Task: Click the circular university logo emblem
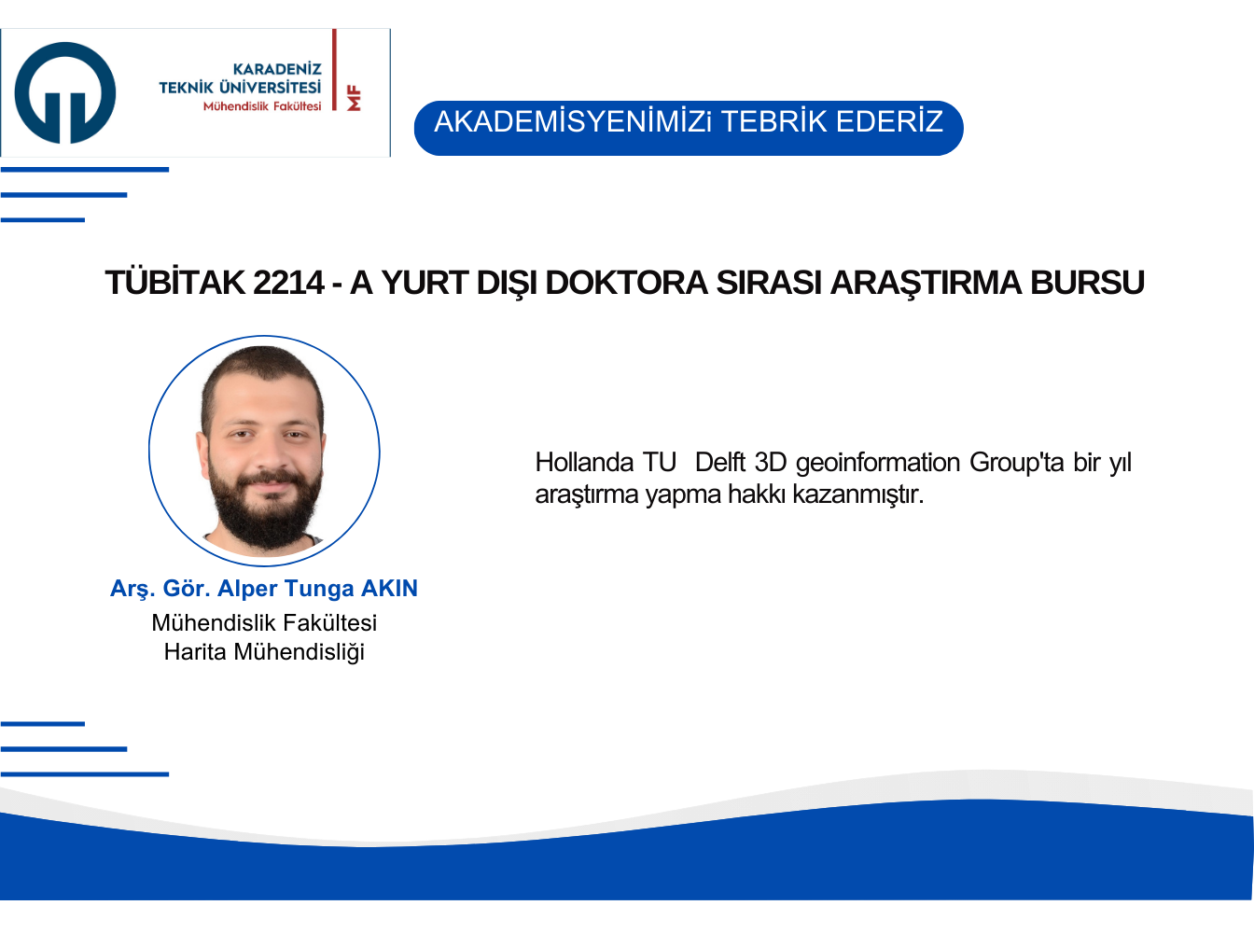65,92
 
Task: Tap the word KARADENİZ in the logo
277,69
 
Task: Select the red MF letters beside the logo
354,98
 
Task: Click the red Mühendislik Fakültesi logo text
262,106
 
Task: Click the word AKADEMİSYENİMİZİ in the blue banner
572,121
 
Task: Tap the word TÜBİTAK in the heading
175,282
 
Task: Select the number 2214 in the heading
288,283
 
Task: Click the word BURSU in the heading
1087,283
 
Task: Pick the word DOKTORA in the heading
626,283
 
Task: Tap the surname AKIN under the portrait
389,588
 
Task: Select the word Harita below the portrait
195,652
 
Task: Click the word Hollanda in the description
584,462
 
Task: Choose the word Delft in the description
719,462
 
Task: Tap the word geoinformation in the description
877,464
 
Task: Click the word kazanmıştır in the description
857,494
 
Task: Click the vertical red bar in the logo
334,70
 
